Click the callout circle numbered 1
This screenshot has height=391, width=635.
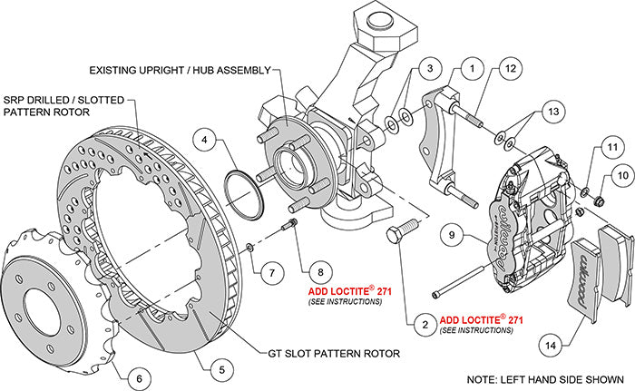[x=471, y=66]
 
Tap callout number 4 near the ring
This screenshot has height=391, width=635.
[x=206, y=141]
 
